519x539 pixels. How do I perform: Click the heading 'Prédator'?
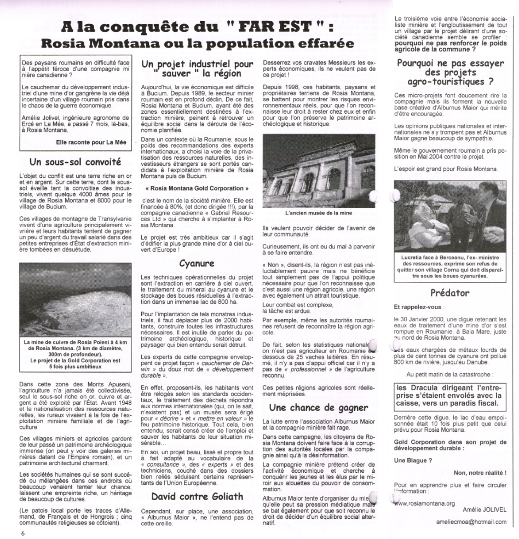[x=450, y=293]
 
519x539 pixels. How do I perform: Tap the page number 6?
[x=23, y=534]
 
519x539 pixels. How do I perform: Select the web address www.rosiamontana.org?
[x=425, y=503]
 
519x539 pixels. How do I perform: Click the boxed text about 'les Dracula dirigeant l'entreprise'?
[x=449, y=396]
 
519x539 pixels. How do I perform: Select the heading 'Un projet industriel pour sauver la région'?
[x=196, y=69]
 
